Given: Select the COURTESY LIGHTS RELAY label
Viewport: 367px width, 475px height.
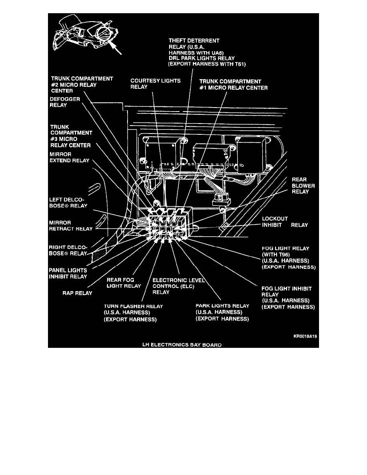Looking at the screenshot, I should tap(156, 84).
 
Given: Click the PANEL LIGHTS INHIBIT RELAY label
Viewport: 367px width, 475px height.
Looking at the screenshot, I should tap(68, 273).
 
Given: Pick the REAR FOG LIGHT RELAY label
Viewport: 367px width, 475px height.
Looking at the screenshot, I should tap(123, 283).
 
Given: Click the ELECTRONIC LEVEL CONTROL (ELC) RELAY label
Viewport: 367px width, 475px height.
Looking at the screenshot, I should tap(179, 286).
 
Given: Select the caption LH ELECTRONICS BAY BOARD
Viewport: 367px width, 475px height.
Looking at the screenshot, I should tap(182, 344).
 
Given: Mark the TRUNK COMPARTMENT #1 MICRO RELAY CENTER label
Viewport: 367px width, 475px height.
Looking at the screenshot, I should tap(233, 84).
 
